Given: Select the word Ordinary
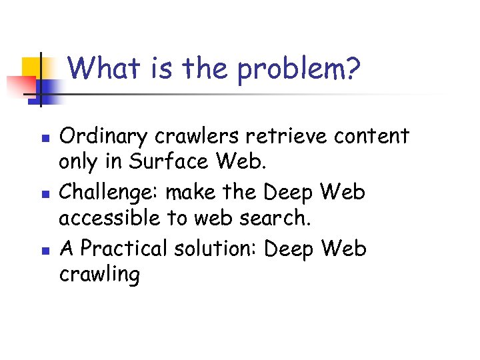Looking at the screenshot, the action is coord(103,137).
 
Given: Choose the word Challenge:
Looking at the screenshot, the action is coord(109,193).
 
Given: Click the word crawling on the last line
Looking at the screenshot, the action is coord(100,275).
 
